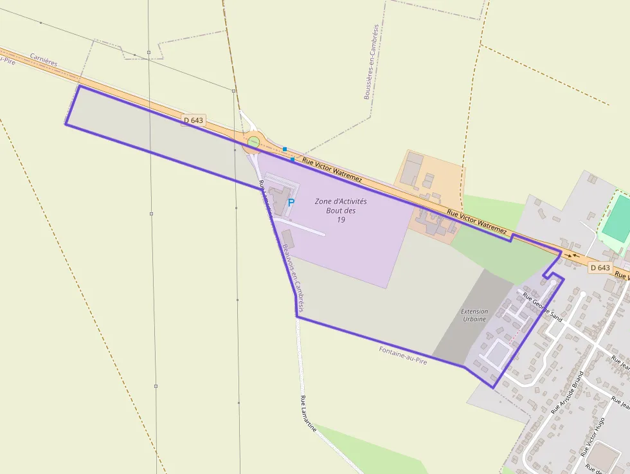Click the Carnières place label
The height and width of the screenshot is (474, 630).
coord(44,60)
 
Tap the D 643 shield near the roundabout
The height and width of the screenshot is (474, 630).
coord(193,120)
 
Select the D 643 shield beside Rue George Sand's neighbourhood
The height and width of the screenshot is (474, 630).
coord(599,268)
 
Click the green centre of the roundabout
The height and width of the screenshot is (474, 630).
coord(254,142)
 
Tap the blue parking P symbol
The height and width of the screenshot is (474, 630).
coord(291,202)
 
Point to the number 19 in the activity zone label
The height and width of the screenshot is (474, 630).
coord(341,220)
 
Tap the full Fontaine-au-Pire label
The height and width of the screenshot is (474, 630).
coord(403,355)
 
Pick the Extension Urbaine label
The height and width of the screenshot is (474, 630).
coord(474,315)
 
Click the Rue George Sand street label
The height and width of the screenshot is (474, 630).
coord(543,307)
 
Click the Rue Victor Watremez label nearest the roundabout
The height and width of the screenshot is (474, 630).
coord(332,170)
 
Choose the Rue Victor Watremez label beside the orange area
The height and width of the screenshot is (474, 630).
coord(476,221)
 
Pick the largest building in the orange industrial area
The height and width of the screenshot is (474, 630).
coord(415,165)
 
